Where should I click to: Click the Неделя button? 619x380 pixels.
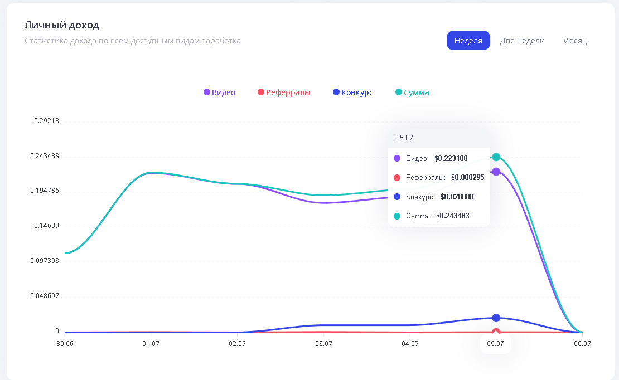point(468,40)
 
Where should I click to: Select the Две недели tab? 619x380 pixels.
point(523,41)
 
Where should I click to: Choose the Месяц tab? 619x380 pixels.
point(574,41)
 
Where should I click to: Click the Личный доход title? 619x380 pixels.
point(62,25)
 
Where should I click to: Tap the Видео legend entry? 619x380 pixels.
point(220,92)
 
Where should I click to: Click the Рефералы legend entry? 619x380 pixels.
point(284,92)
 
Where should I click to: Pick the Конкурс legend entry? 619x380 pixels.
point(353,92)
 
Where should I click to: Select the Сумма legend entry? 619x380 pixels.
point(412,92)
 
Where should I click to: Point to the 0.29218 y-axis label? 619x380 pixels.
point(47,121)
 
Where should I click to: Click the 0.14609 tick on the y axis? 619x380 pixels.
point(47,226)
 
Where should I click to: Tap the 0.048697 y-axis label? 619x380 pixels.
point(45,295)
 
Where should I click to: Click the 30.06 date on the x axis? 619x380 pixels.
point(65,344)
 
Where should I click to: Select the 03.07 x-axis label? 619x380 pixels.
point(323,344)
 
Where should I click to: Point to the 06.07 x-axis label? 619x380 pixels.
point(582,344)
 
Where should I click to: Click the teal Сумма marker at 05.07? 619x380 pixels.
point(496,157)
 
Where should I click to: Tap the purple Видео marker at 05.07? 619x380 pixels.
point(496,172)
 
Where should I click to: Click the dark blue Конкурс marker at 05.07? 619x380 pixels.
point(496,318)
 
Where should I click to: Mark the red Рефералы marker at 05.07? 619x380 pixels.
point(496,332)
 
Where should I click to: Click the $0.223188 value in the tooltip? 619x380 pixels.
point(451,159)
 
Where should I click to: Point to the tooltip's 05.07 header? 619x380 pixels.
point(404,138)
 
